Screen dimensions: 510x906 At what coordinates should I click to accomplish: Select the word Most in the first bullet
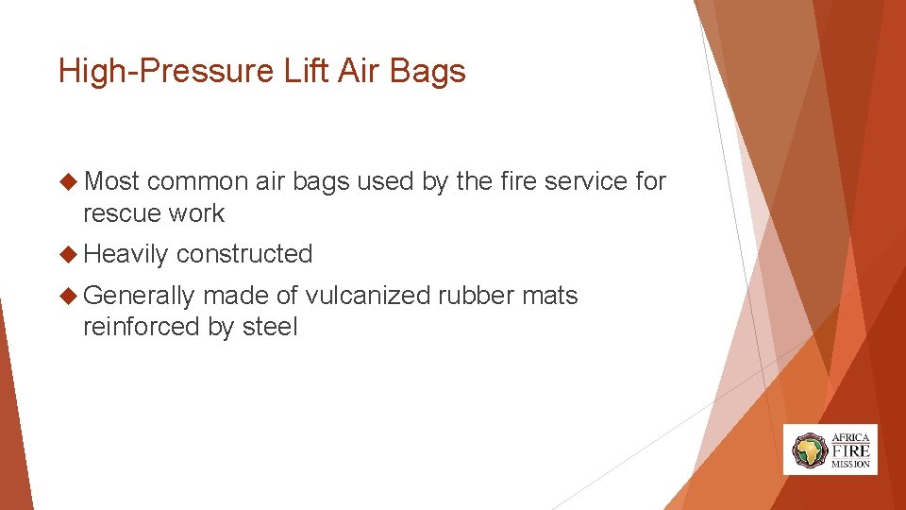(111, 181)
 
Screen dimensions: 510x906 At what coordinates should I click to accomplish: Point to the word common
(198, 181)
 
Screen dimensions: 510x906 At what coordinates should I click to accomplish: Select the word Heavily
(126, 254)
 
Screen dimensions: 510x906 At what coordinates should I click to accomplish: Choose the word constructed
(243, 254)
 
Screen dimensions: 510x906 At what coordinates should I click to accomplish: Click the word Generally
(139, 296)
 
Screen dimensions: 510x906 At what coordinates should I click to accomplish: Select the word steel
(270, 328)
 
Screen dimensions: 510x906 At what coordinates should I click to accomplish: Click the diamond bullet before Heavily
(67, 254)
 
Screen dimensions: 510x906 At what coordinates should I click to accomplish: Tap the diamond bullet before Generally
(67, 296)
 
